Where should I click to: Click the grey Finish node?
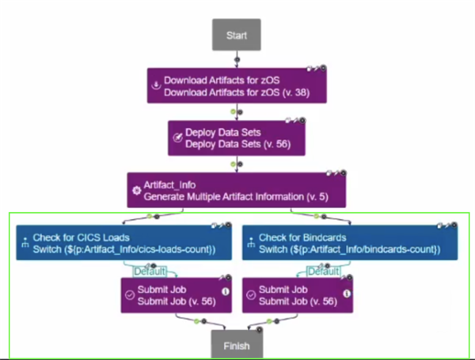coord(236,346)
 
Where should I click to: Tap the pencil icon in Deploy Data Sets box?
coord(177,138)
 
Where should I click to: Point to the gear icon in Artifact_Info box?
coord(135,190)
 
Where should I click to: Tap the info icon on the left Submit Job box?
coord(225,290)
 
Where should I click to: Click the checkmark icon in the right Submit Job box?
coord(251,294)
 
